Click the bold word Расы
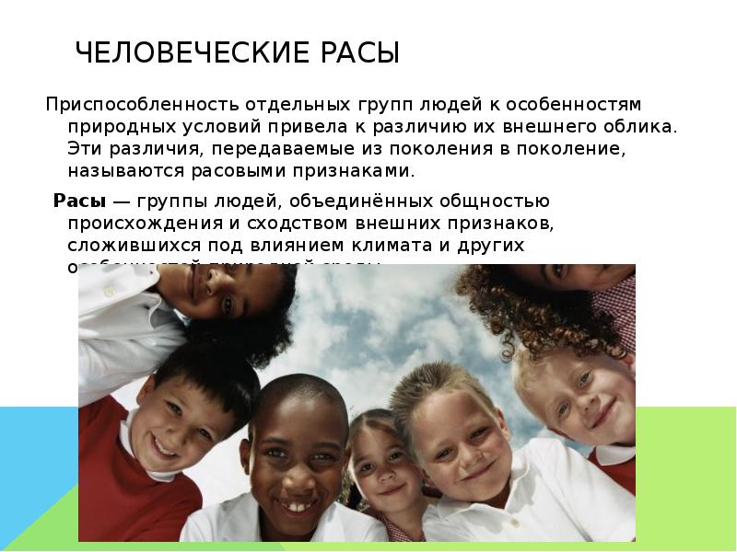coord(71,201)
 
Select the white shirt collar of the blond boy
coord(479,515)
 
